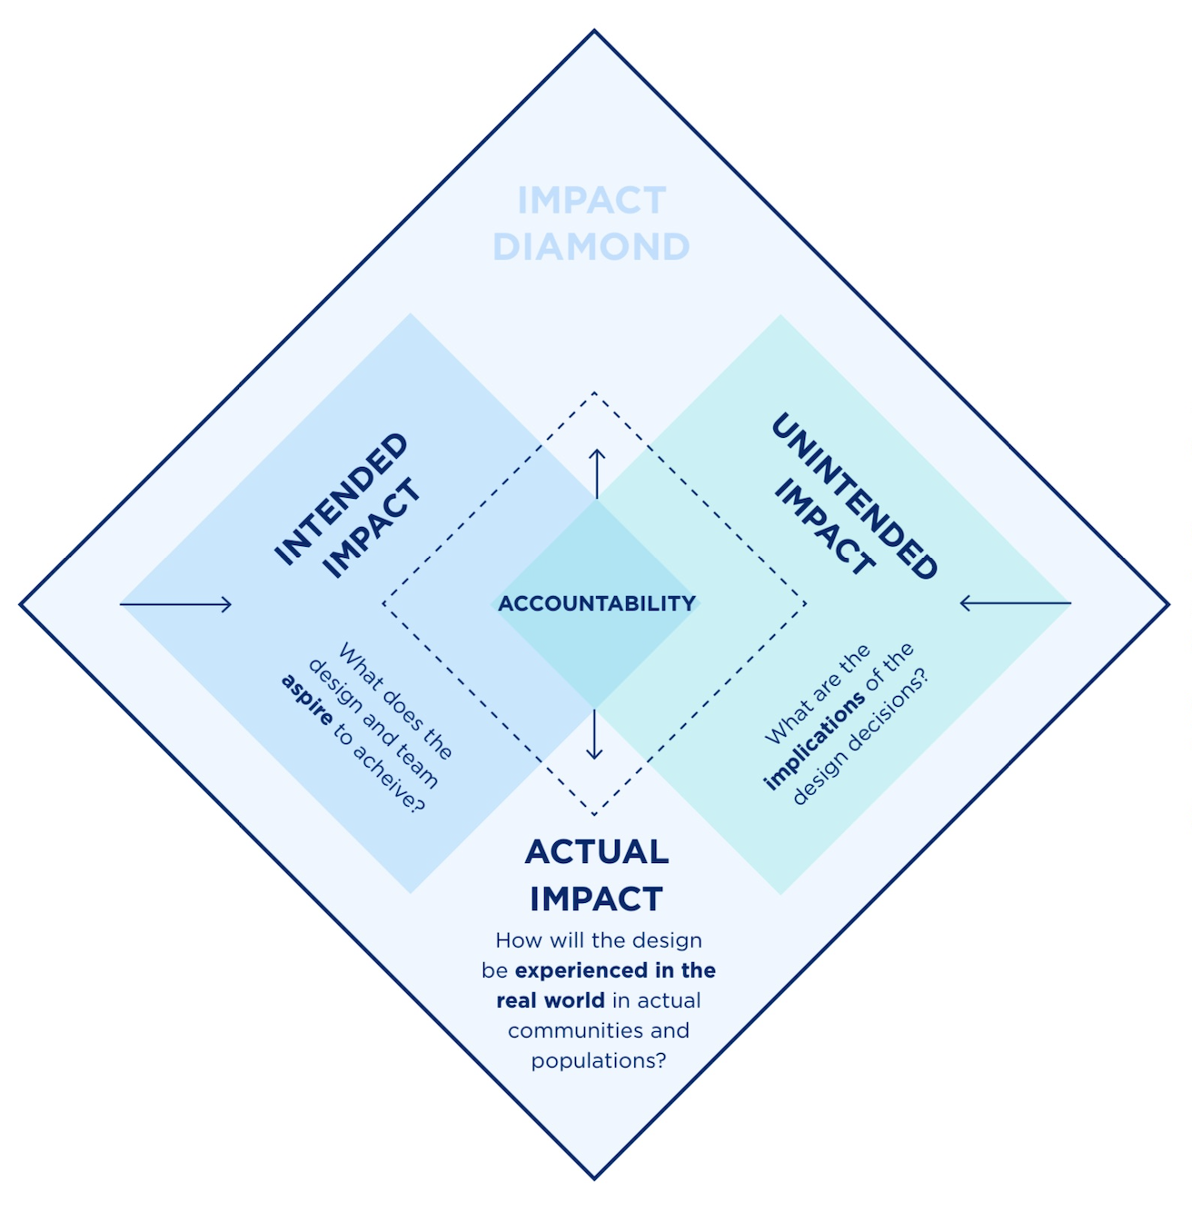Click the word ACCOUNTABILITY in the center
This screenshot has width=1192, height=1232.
point(597,603)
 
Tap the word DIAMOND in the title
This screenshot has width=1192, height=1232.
point(591,247)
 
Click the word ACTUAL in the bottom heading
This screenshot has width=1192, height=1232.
point(597,852)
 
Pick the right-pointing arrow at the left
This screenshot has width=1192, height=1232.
point(176,604)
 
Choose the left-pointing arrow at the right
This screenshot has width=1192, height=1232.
point(1015,602)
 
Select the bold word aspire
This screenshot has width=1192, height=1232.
point(306,699)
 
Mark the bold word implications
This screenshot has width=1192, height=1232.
point(814,742)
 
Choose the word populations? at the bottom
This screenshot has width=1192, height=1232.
point(599,1060)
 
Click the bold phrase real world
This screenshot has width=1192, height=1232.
point(550,1000)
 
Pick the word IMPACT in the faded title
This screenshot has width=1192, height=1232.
point(592,201)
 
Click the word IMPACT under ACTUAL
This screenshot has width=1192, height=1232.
point(597,899)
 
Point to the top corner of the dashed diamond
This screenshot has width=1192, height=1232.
point(594,392)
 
